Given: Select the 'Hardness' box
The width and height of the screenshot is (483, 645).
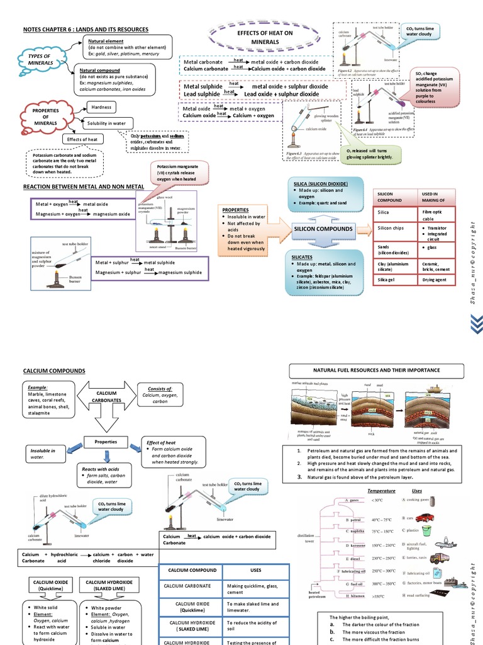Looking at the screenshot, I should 101,107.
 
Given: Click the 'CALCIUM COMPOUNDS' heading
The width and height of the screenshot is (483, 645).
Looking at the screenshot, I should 53,371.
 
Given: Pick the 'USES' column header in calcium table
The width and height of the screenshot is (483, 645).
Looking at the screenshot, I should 255,570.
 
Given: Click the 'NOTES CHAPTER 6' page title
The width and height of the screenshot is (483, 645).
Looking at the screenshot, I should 86,29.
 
